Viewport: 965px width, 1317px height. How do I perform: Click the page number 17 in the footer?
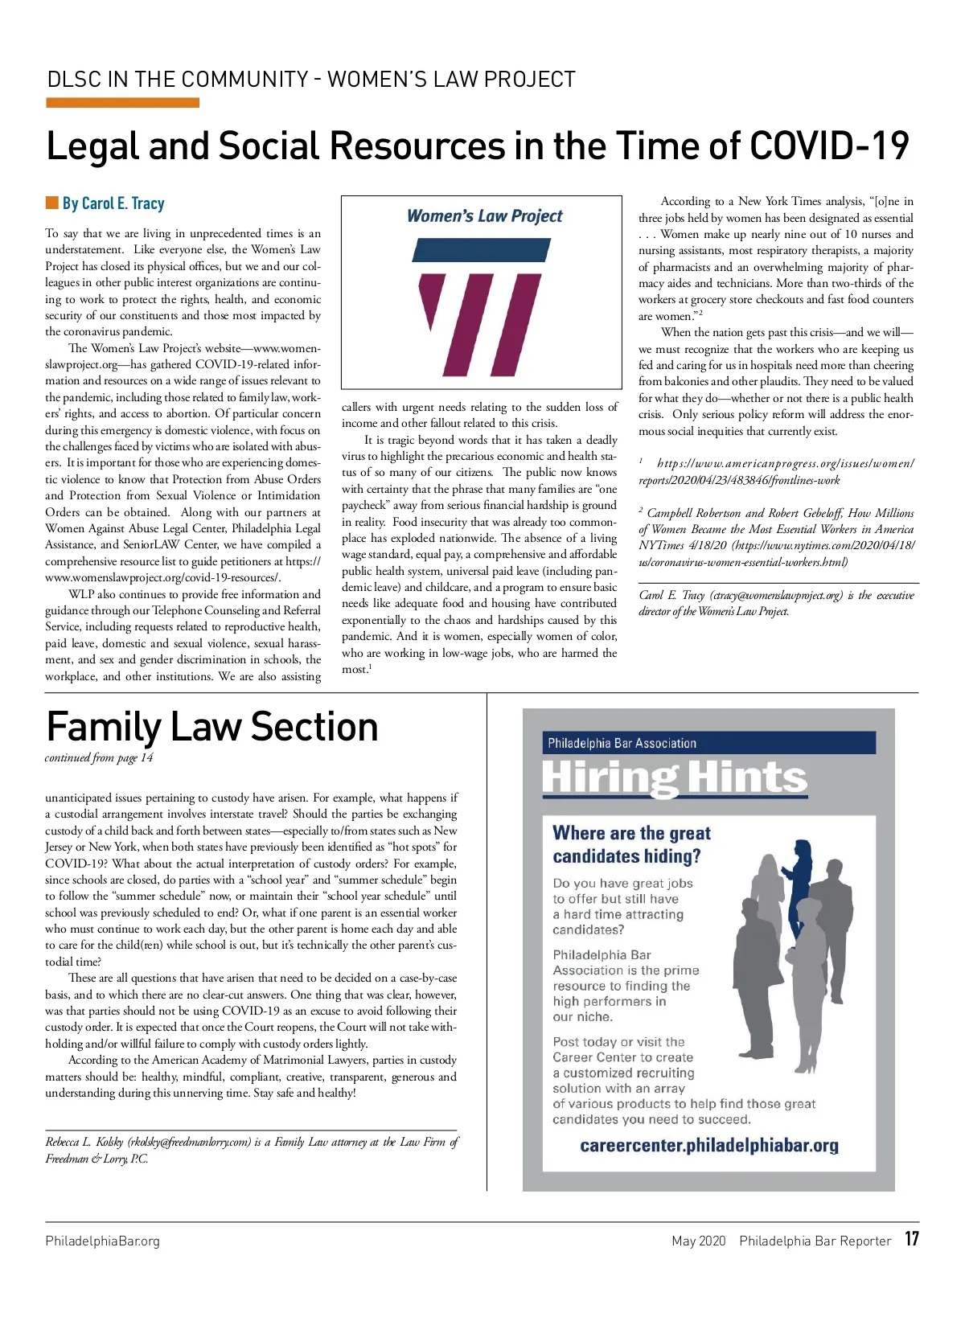(911, 1238)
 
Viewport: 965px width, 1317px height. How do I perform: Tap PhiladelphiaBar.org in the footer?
(102, 1241)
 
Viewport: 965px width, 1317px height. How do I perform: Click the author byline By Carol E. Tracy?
(113, 203)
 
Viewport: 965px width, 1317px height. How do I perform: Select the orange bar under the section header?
(122, 103)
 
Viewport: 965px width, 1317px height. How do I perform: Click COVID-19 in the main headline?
(829, 146)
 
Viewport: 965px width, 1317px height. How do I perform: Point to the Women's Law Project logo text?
(484, 216)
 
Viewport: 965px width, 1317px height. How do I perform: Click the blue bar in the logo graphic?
(481, 250)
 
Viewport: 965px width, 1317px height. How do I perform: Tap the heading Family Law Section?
(212, 727)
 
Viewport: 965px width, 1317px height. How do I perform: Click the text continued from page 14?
(99, 757)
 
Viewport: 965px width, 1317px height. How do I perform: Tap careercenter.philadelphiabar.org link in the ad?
(708, 1145)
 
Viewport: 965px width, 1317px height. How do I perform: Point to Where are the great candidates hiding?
(631, 844)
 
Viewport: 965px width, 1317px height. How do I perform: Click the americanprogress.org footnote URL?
(776, 472)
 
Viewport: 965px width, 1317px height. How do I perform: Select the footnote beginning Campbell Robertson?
(776, 537)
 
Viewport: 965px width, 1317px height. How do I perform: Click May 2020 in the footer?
(698, 1241)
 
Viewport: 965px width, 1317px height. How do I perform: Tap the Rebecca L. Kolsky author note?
(251, 1150)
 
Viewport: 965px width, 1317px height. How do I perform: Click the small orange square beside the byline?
(52, 203)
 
